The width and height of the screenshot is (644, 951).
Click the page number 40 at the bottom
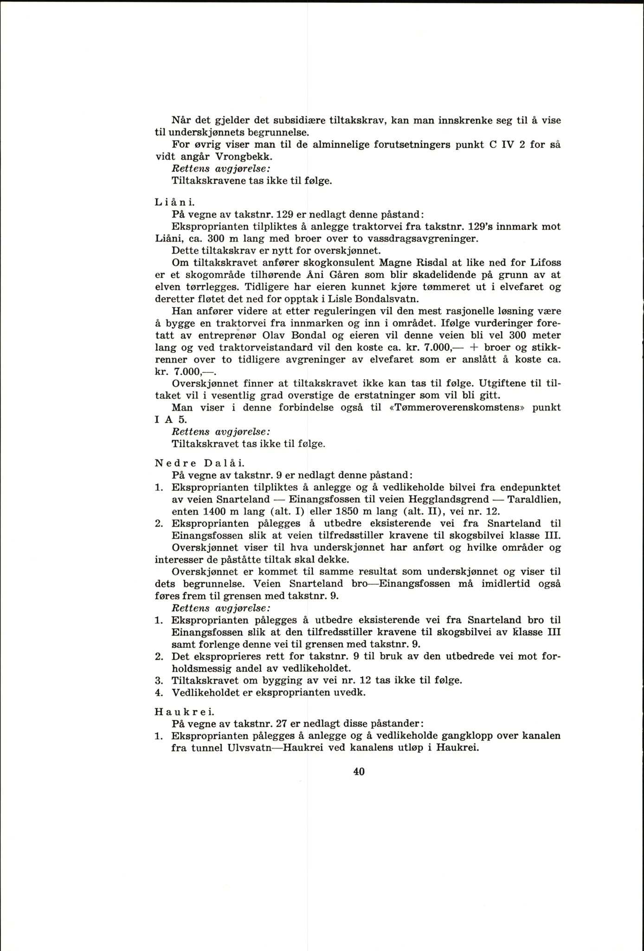tap(358, 771)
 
